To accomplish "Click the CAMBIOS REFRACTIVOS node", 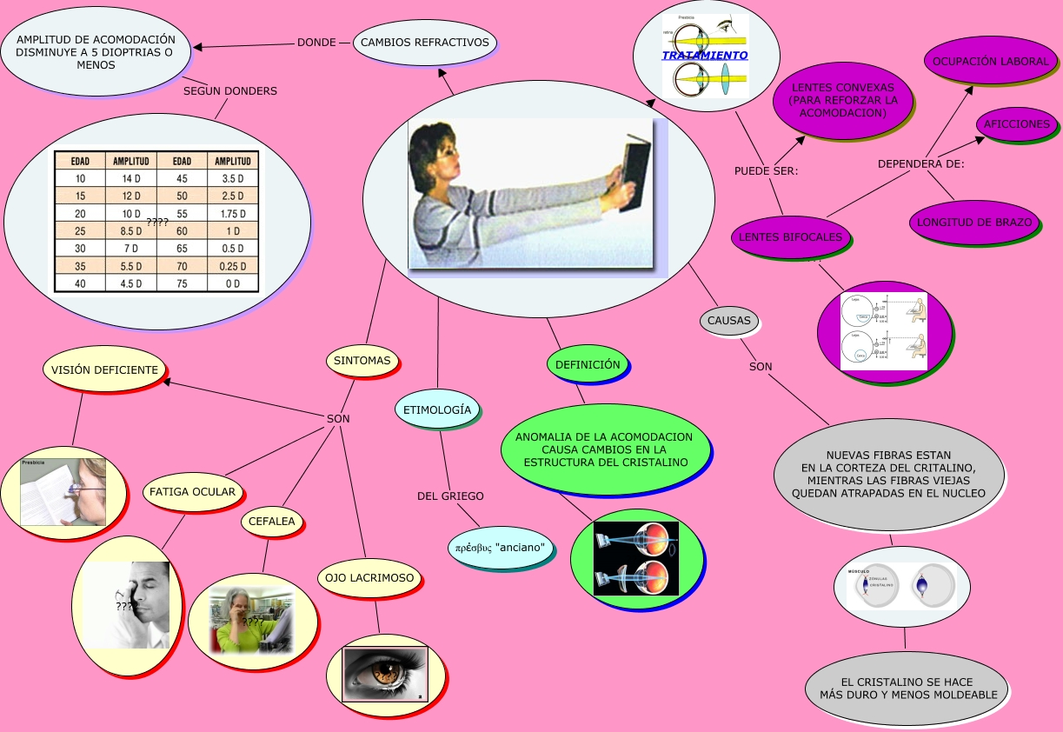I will tap(425, 42).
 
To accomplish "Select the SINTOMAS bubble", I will tap(362, 360).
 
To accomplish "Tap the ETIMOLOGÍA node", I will tap(437, 409).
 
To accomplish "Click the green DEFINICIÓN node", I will tap(588, 364).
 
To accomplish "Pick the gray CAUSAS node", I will tap(728, 320).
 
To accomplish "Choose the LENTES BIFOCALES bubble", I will tap(790, 236).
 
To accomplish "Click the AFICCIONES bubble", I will tap(1016, 124).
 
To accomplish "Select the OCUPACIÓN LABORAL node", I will tap(991, 62).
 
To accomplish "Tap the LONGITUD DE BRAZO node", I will tap(974, 222).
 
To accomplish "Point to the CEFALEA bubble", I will tap(272, 522).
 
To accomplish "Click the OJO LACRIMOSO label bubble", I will tap(370, 577).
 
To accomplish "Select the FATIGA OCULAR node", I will tap(192, 491).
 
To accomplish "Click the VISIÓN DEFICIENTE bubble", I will tap(104, 369).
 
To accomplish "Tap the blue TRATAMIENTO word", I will tap(704, 55).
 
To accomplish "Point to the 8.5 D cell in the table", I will tap(130, 231).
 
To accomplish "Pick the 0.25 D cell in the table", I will tap(232, 266).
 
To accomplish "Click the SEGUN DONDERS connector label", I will tap(230, 91).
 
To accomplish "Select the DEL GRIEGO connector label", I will tap(450, 496).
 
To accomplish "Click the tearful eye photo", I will tap(385, 673).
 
